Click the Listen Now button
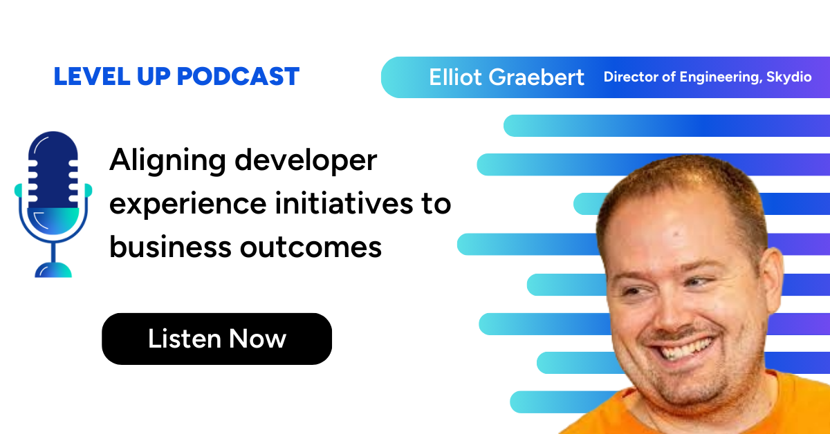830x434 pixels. (216, 339)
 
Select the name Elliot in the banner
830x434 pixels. (455, 77)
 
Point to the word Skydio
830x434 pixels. (788, 77)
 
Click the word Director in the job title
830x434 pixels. (630, 77)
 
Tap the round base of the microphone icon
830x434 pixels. (53, 269)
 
